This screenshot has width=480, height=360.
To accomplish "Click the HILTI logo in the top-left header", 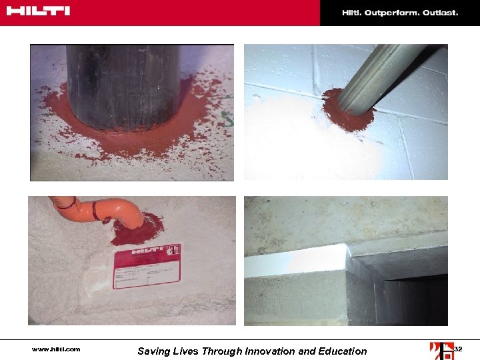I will pyautogui.click(x=38, y=11).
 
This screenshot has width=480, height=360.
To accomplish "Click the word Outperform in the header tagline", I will pyautogui.click(x=391, y=13).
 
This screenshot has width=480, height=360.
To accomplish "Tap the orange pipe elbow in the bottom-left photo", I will pyautogui.click(x=127, y=211).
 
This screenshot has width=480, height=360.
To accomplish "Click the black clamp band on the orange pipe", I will pyautogui.click(x=96, y=212).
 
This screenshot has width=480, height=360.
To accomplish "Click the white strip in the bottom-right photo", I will pyautogui.click(x=297, y=263).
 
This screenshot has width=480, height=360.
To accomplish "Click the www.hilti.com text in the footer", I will pyautogui.click(x=56, y=349).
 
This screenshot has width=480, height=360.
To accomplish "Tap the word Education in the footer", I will pyautogui.click(x=339, y=351).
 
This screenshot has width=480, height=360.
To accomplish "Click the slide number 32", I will pyautogui.click(x=458, y=349).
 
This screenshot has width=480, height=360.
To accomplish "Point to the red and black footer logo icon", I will pyautogui.click(x=441, y=349).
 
